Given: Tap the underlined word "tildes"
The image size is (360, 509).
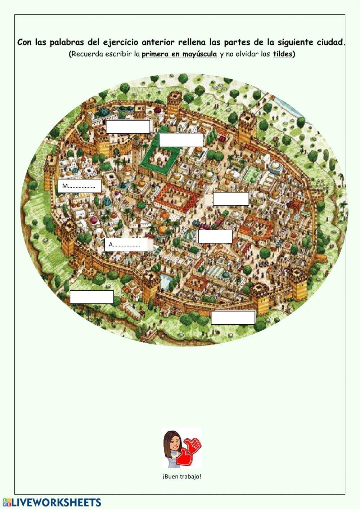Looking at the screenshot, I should [283, 54].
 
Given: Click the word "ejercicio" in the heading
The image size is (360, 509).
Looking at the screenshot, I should [121, 43].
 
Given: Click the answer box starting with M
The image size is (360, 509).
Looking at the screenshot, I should [79, 186].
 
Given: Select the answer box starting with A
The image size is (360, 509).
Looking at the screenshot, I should [126, 245].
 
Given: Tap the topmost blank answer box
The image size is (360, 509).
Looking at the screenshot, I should [128, 126].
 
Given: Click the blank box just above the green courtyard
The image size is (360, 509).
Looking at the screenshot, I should [181, 140].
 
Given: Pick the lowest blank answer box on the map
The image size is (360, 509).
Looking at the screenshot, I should [233, 317].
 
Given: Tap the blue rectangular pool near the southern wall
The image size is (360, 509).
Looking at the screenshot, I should [165, 279].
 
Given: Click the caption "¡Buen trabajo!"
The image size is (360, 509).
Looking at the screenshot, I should [182, 476].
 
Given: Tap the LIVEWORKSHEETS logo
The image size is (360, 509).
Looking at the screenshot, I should [52, 503].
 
